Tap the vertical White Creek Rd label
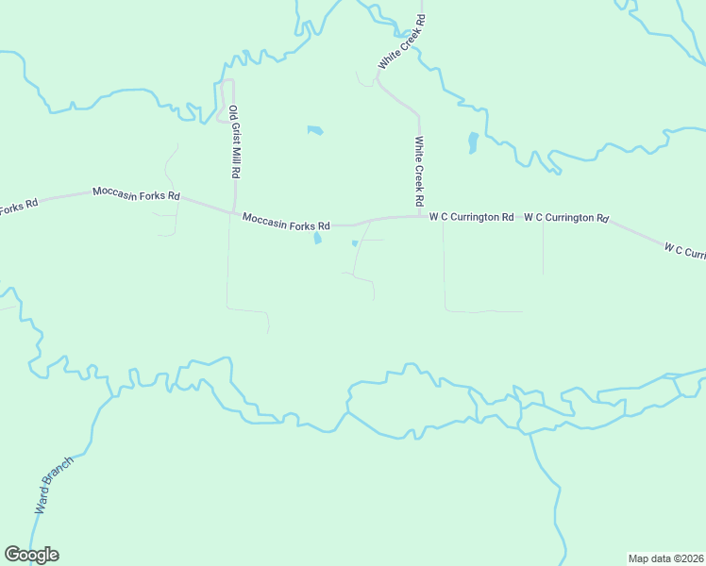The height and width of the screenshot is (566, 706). (x=418, y=172)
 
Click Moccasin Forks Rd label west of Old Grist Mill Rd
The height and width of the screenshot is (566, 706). (x=136, y=193)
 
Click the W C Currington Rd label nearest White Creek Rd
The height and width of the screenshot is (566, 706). (x=471, y=217)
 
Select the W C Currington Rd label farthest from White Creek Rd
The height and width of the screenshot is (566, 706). (x=565, y=217)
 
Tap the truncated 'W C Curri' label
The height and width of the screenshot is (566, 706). (x=684, y=252)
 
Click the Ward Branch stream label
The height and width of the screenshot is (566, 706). (x=54, y=484)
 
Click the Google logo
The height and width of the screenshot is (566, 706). (x=31, y=555)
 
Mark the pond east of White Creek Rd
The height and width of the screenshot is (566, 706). (x=473, y=143)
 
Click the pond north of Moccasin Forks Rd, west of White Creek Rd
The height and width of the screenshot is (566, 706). (x=315, y=130)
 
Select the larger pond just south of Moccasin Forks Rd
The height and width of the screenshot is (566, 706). (x=317, y=239)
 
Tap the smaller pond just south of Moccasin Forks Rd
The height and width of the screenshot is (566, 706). (x=355, y=243)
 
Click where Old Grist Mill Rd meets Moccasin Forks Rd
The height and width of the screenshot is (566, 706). (x=233, y=213)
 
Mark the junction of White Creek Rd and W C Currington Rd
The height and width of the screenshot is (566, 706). (x=420, y=216)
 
